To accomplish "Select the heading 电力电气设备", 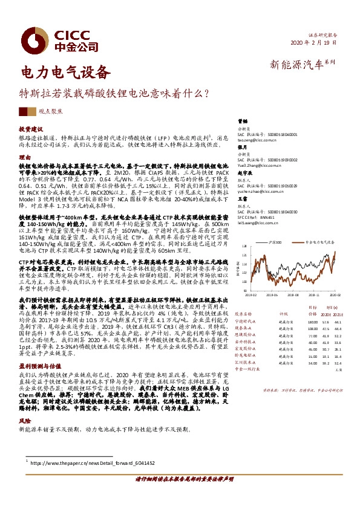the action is click(66, 73).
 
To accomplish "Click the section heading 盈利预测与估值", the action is click(39, 366).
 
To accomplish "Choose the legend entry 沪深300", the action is click(273, 241).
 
